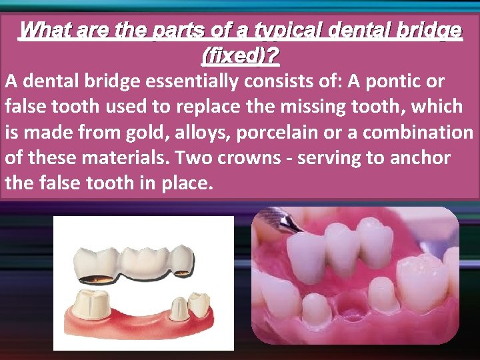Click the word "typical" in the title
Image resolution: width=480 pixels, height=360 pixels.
coord(287,30)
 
